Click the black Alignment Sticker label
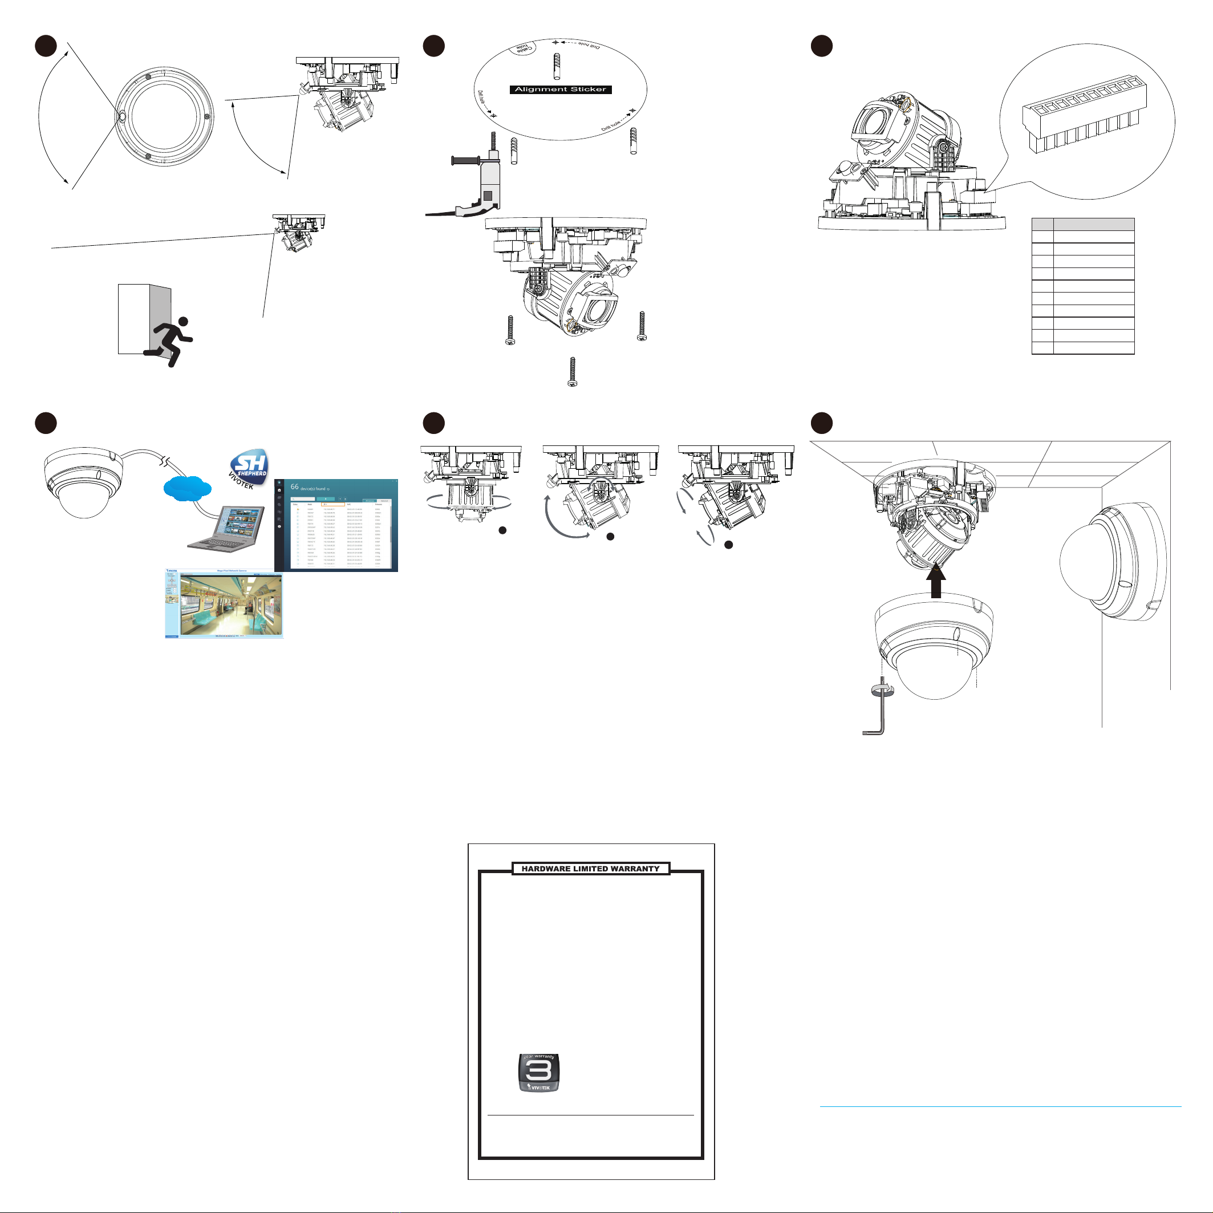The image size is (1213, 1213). (x=560, y=90)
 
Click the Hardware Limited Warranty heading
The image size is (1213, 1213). (x=590, y=869)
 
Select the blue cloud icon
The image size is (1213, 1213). (x=186, y=487)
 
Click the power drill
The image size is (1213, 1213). (x=480, y=182)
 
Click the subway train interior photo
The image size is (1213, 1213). (x=230, y=605)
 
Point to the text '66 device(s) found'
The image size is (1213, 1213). (x=310, y=487)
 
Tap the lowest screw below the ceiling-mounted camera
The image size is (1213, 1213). (x=572, y=372)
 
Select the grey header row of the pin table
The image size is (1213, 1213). (x=1083, y=224)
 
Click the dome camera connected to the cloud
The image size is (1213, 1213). (x=83, y=480)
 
